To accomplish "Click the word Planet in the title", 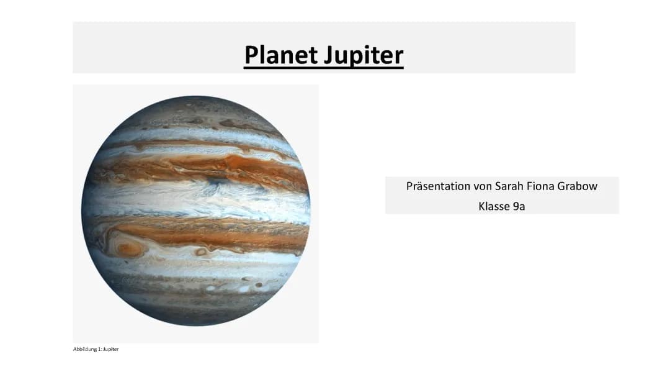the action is [282, 55].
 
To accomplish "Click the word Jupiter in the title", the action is [364, 56].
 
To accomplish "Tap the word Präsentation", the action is [438, 186].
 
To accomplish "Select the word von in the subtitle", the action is [483, 186].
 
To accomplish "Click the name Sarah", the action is [509, 186].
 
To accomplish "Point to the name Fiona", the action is [540, 186].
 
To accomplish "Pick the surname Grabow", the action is [578, 186].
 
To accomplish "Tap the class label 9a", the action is [519, 206].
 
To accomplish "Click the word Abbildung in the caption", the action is [85, 349].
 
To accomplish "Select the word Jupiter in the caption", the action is [111, 349].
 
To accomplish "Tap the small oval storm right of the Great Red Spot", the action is [200, 252].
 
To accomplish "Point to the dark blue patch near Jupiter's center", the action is [219, 181].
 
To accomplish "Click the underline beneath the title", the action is [324, 66].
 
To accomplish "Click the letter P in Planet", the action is [251, 55].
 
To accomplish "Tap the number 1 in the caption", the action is [99, 349].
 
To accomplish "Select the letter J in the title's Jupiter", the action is [329, 56].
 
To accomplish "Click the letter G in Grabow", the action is [561, 186].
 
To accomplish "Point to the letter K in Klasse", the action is [482, 206].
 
